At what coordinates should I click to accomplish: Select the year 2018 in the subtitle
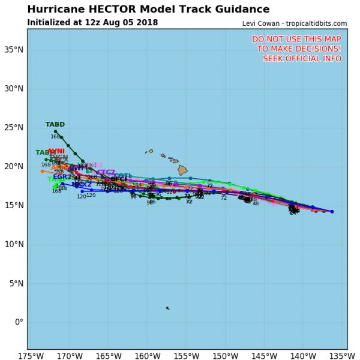pos(147,23)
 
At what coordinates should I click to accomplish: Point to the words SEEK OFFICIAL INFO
pos(302,58)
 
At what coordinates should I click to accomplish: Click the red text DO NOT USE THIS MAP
pos(296,39)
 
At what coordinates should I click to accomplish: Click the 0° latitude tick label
pos(18,322)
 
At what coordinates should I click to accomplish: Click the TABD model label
pos(55,125)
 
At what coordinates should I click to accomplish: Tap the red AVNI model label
pos(56,151)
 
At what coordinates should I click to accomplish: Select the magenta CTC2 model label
pos(106,172)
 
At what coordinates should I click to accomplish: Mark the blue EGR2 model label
pos(62,177)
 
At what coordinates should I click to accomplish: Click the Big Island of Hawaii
pos(182,170)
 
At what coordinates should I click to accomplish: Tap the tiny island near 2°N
pos(167,308)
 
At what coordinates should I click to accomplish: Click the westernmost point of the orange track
pos(42,171)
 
